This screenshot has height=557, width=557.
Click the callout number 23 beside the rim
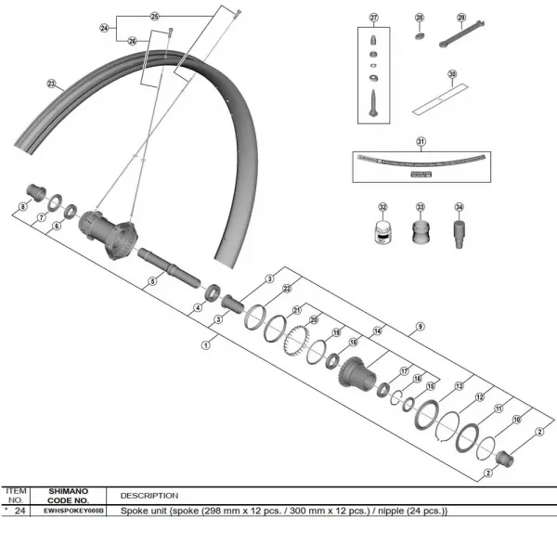50,83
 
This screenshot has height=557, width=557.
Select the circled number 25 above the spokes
155,16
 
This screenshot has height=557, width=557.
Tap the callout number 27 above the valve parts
374,18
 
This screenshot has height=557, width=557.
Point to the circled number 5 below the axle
152,282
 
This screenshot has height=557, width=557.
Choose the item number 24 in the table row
20,511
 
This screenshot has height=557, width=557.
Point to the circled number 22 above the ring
287,288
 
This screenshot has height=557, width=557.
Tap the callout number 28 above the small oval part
419,18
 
